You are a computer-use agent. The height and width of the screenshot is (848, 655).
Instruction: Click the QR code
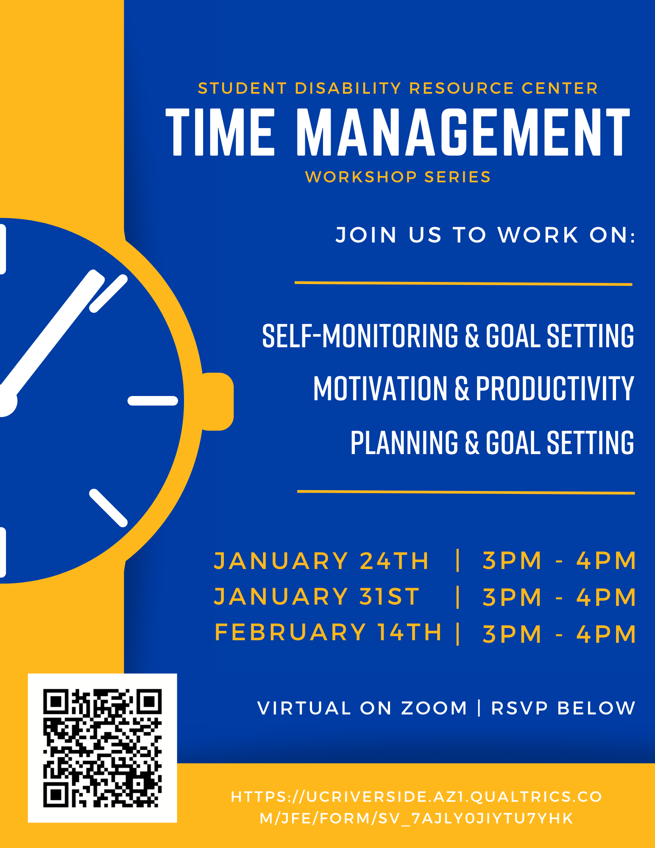[102, 748]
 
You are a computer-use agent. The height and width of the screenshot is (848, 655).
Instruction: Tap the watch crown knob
[218, 402]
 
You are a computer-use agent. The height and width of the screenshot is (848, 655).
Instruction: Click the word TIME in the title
[220, 132]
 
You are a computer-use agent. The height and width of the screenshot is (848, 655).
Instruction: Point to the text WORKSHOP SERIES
[398, 177]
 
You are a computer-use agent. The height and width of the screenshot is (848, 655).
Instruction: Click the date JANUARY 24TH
[321, 561]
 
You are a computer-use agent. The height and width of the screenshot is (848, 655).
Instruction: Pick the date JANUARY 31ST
[317, 597]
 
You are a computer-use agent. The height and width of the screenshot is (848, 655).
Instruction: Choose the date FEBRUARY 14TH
[328, 633]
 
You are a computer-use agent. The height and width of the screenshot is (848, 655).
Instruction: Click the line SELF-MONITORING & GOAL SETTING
[448, 336]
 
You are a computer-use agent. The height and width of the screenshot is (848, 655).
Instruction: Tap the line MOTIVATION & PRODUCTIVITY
[474, 388]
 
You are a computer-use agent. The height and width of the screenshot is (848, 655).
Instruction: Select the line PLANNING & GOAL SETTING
[492, 442]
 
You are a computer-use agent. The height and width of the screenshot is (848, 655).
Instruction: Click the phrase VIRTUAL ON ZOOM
[362, 708]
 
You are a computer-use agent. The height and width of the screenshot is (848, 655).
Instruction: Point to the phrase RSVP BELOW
[563, 708]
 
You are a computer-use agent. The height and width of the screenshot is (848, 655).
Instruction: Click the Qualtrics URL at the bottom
[416, 807]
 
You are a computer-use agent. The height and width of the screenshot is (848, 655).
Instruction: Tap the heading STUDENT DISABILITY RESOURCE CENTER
[398, 88]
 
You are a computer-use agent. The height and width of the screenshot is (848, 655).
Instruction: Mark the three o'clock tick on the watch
[153, 401]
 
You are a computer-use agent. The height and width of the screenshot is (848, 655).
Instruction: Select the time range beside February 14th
[559, 634]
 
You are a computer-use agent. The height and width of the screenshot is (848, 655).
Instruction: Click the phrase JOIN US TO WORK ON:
[486, 235]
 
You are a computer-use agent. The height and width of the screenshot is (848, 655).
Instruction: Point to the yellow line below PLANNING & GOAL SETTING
[466, 492]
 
